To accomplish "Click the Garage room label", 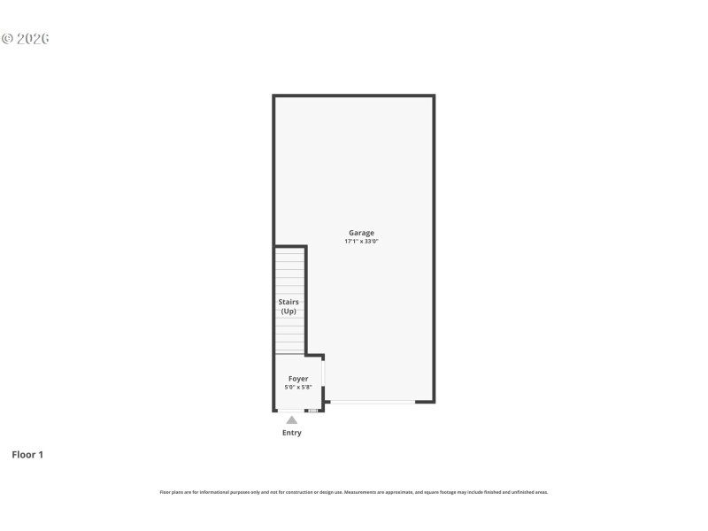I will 361,233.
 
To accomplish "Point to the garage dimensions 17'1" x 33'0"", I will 361,242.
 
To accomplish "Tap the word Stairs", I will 289,302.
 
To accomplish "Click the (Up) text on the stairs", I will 289,312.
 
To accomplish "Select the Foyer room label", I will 298,379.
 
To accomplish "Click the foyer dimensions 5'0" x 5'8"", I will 298,387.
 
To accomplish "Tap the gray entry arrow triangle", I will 292,419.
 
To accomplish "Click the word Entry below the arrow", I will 292,433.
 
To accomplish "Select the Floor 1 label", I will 27,455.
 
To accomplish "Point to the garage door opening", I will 372,403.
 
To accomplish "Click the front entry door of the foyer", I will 291,411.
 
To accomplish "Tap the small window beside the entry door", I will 312,411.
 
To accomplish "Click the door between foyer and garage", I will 324,372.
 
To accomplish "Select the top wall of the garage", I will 354,96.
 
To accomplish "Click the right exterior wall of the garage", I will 434,248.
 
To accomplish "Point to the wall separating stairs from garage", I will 306,301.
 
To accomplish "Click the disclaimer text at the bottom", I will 354,492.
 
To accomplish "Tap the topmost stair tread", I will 289,253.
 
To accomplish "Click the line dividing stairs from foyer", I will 289,355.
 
